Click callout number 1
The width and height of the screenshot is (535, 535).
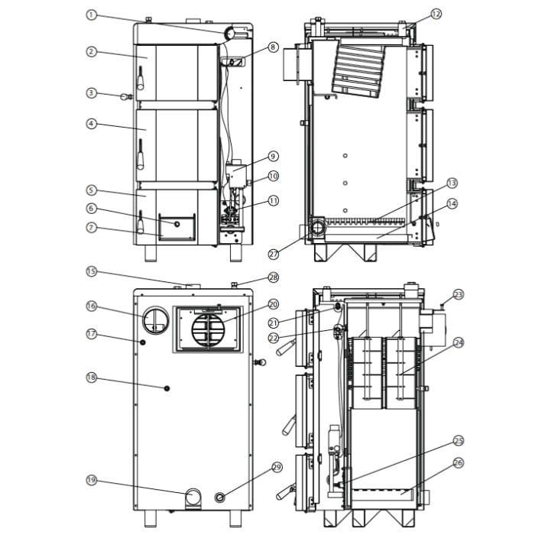click(91, 15)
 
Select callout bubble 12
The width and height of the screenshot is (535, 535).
click(436, 14)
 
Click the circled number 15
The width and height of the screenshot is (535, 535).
click(91, 271)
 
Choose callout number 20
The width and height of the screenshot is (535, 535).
click(274, 303)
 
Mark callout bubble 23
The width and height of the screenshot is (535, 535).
click(459, 294)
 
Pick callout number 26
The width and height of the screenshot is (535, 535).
click(459, 462)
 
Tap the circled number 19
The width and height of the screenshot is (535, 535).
click(91, 480)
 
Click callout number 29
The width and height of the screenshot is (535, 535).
click(277, 467)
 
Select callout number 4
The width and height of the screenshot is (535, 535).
click(91, 123)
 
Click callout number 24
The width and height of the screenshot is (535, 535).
click(459, 342)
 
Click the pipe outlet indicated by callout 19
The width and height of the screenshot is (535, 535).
click(195, 498)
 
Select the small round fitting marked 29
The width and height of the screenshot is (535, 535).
click(222, 498)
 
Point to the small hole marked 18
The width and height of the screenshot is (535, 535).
click(167, 389)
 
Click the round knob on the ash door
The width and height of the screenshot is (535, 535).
click(177, 224)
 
